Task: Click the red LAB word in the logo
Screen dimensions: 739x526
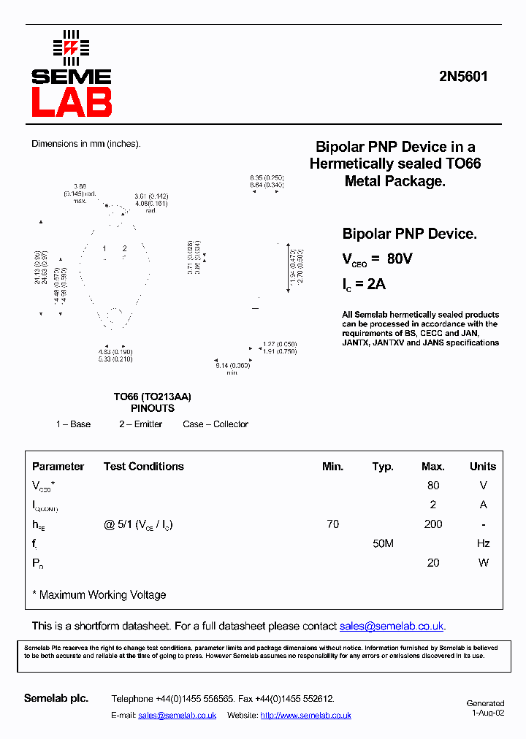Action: (x=72, y=102)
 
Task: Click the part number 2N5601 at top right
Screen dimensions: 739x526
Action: (x=462, y=77)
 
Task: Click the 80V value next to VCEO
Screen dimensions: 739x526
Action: (x=400, y=259)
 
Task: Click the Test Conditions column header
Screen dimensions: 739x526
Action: (x=143, y=467)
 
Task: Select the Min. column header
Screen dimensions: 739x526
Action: (x=332, y=467)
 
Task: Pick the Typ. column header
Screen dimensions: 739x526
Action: (x=383, y=467)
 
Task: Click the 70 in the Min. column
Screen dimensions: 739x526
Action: (x=332, y=524)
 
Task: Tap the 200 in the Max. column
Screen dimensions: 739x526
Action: (x=433, y=524)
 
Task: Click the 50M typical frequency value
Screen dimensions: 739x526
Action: (x=383, y=543)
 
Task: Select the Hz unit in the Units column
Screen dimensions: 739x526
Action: (x=483, y=543)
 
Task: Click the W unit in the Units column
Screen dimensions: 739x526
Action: (x=483, y=563)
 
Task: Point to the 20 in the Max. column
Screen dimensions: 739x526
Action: (x=433, y=563)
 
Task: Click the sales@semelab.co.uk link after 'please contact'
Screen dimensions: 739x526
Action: (x=392, y=627)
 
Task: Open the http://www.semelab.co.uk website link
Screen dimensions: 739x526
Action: (x=305, y=716)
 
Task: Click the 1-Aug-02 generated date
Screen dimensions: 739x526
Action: (x=487, y=713)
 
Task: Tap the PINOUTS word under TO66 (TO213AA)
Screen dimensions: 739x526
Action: (x=153, y=409)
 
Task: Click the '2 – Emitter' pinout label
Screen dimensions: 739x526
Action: (x=141, y=424)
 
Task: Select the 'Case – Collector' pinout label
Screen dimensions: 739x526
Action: (x=216, y=424)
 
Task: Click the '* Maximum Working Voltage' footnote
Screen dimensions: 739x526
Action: (x=99, y=595)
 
